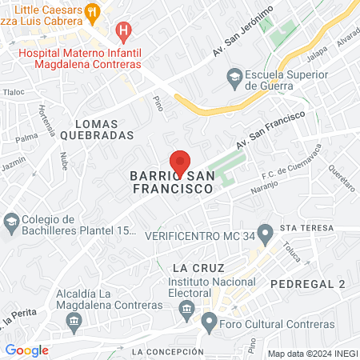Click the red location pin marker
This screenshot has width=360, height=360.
point(179,162)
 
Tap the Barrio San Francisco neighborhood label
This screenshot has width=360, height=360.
point(172,182)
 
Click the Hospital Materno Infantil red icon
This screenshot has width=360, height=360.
point(122,32)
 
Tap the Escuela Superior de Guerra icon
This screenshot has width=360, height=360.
point(234,76)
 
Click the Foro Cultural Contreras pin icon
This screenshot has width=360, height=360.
point(210,324)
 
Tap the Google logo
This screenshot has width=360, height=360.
point(27,350)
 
